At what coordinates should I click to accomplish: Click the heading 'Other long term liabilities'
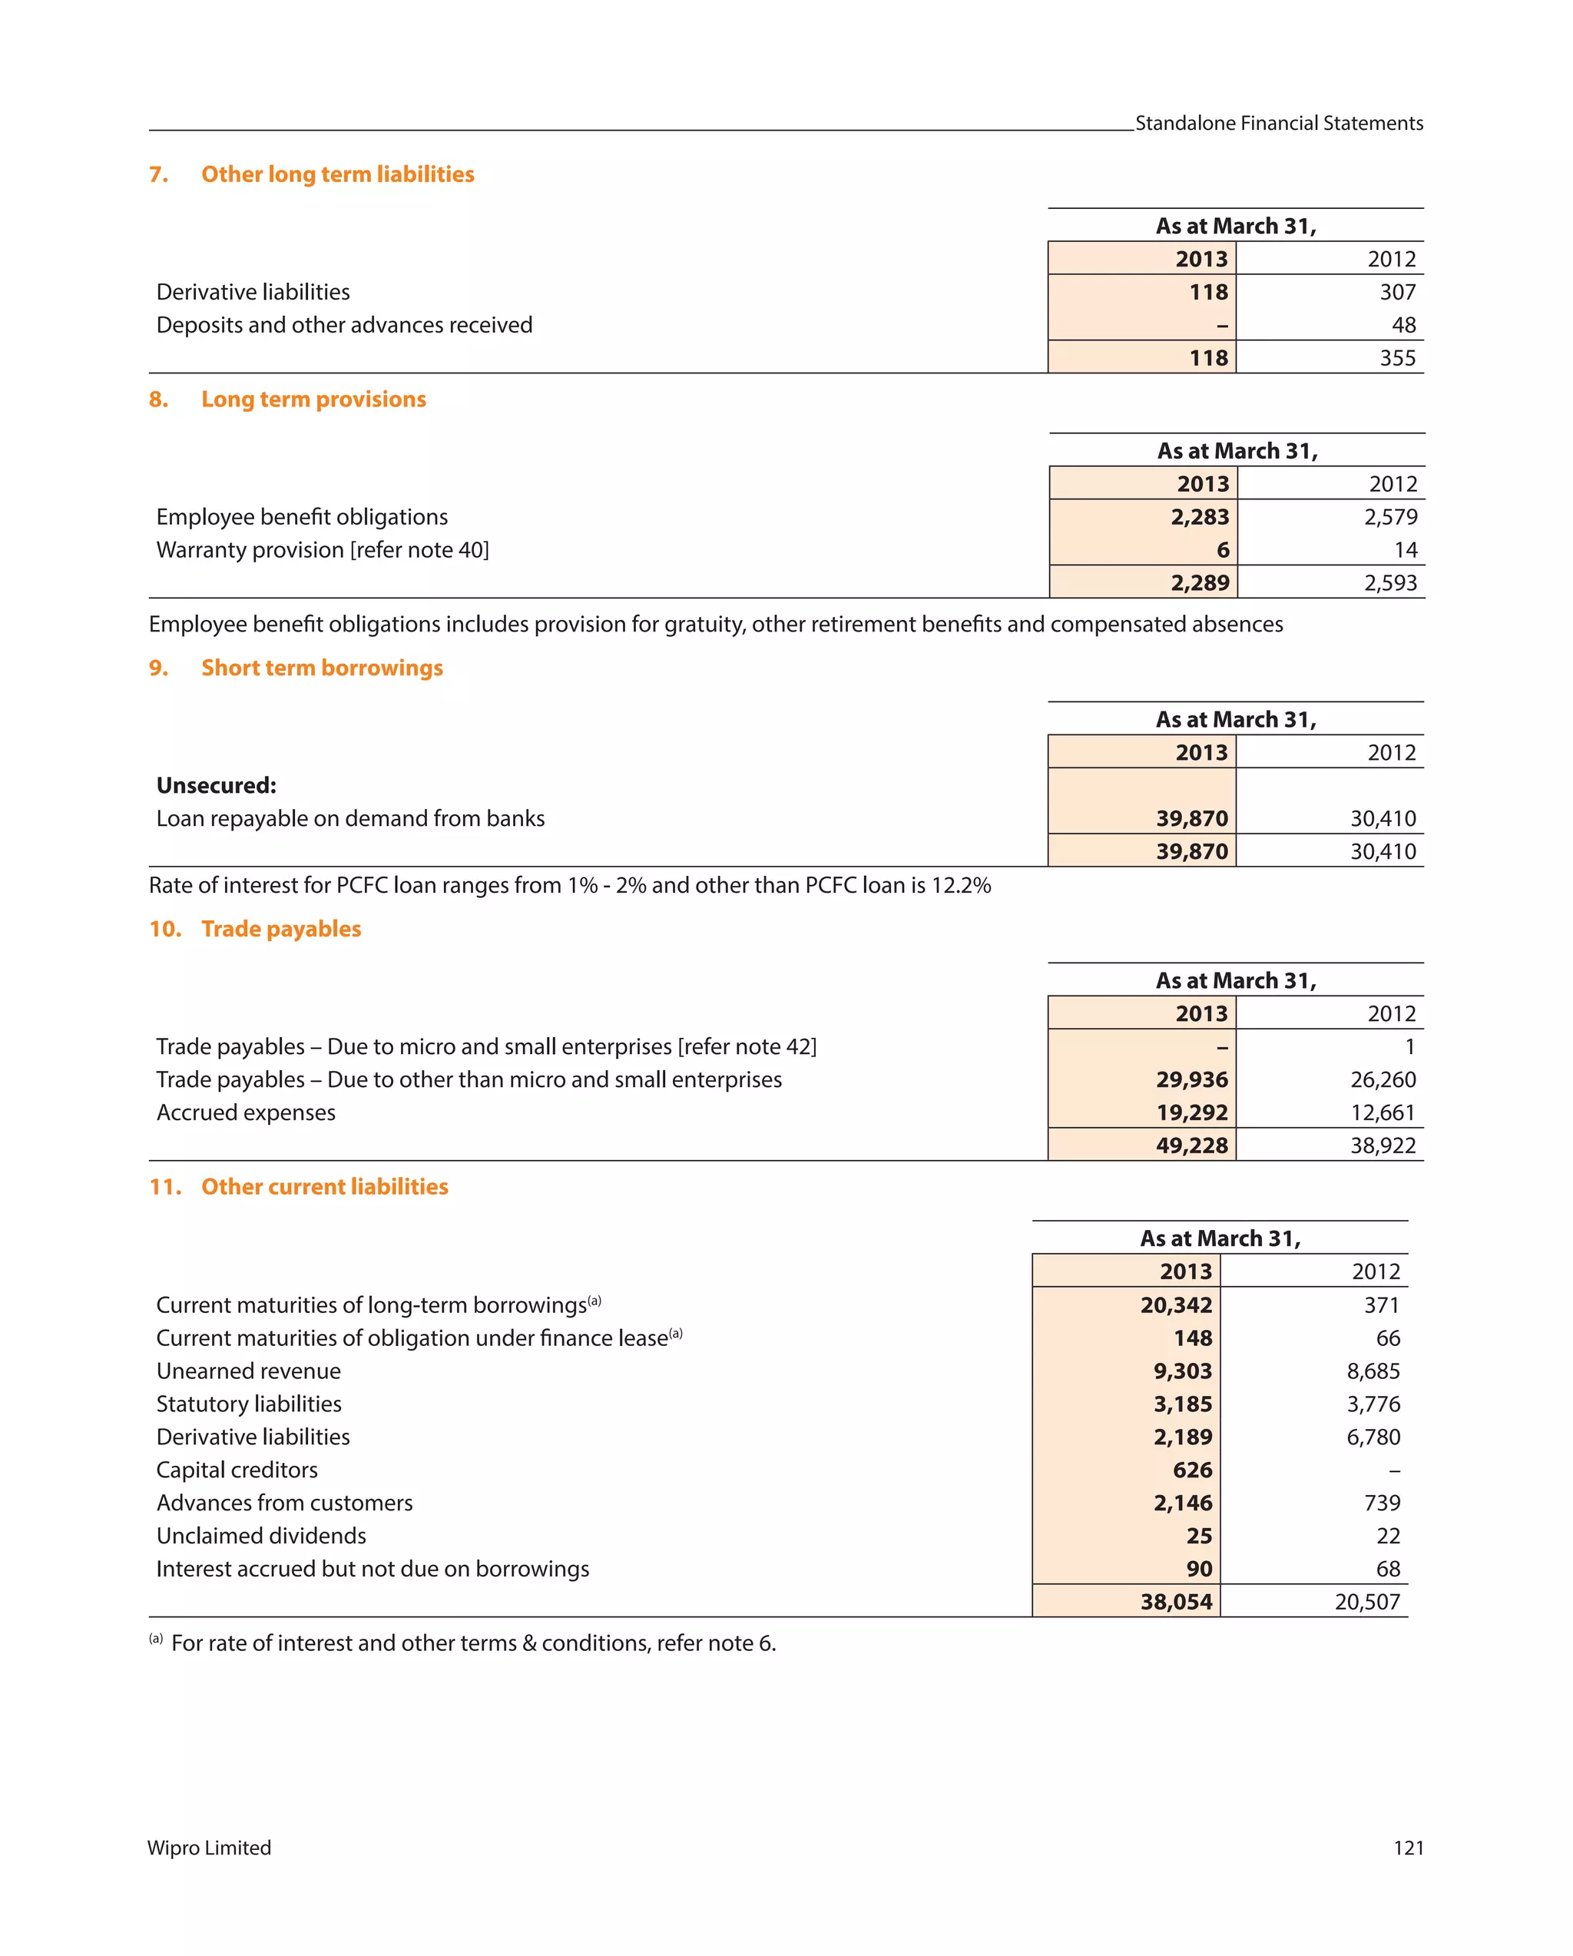[x=336, y=174]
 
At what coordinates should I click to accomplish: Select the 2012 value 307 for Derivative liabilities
[x=1396, y=292]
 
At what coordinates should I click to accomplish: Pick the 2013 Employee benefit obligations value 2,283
[x=1198, y=517]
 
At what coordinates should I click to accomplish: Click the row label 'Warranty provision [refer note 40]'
[x=322, y=550]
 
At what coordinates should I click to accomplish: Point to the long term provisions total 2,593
[x=1389, y=582]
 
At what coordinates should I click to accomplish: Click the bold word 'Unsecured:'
[x=216, y=786]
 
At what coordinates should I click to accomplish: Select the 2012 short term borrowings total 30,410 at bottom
[x=1382, y=852]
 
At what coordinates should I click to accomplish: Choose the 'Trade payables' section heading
[x=280, y=929]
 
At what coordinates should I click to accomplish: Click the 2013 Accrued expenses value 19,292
[x=1191, y=1113]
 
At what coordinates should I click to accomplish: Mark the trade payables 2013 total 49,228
[x=1191, y=1145]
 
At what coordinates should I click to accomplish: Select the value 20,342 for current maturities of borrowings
[x=1176, y=1305]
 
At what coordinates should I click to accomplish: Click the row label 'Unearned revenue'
[x=249, y=1372]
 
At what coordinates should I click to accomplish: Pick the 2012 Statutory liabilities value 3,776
[x=1373, y=1404]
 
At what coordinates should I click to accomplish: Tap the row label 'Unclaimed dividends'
[x=261, y=1536]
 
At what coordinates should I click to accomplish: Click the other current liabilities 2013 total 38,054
[x=1176, y=1602]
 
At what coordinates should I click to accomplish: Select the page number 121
[x=1407, y=1848]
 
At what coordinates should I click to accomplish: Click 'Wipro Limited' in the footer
[x=210, y=1848]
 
